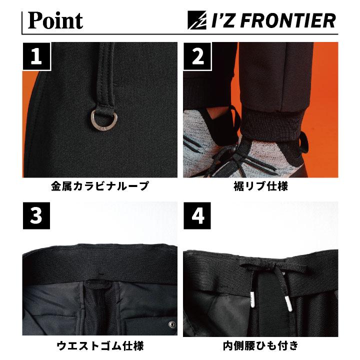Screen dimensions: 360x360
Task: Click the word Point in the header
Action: pyautogui.click(x=55, y=20)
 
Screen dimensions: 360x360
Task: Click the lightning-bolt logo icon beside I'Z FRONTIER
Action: pyautogui.click(x=196, y=21)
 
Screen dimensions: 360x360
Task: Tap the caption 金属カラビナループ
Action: pyautogui.click(x=99, y=187)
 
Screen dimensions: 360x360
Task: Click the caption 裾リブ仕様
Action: pyautogui.click(x=260, y=187)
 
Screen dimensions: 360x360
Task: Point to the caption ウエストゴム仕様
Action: pyautogui.click(x=99, y=346)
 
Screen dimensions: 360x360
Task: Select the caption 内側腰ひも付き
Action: pyautogui.click(x=260, y=346)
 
